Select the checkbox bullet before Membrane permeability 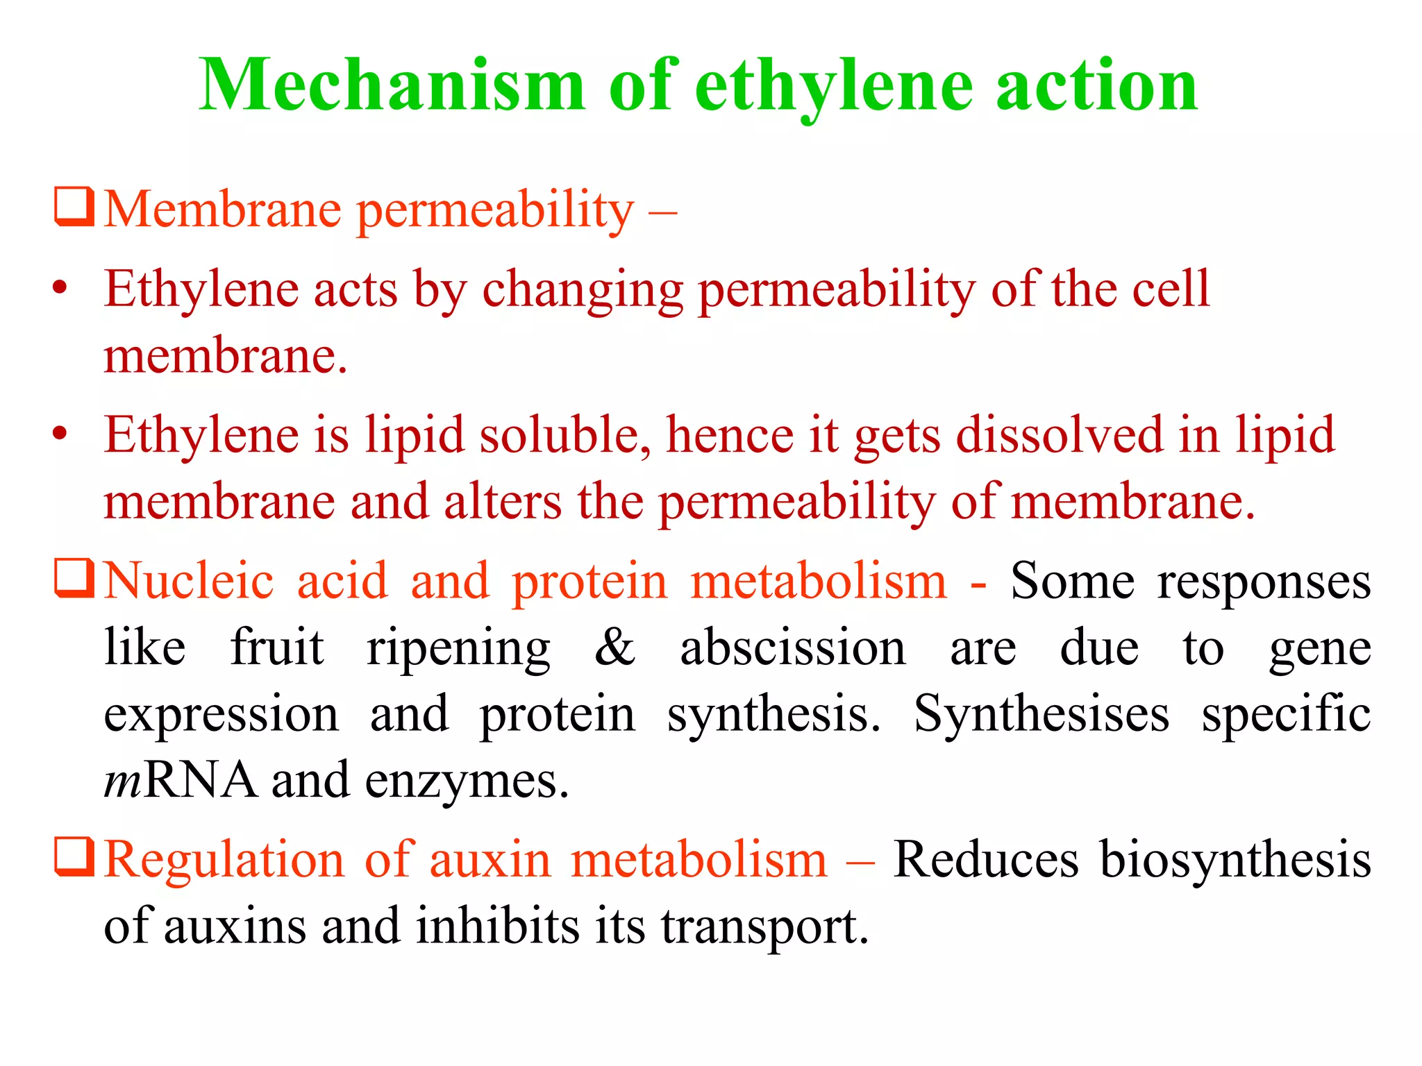click(x=74, y=207)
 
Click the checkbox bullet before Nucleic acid click(x=74, y=579)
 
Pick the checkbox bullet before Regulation click(x=74, y=858)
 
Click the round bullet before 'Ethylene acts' click(x=60, y=287)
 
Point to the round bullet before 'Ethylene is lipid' click(x=60, y=434)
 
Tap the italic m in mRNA click(x=122, y=780)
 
